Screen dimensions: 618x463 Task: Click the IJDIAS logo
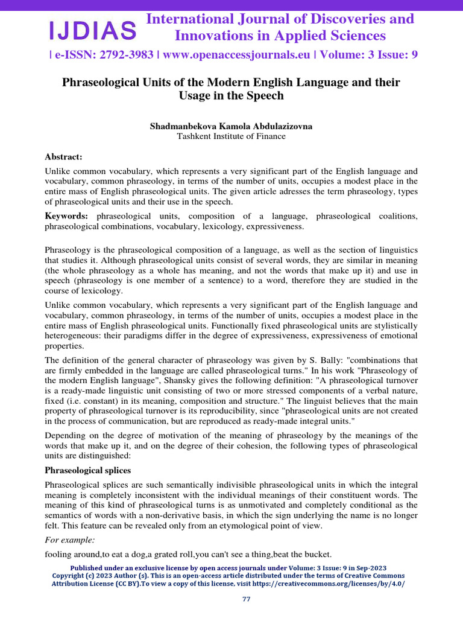coord(92,29)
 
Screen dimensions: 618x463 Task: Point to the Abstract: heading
coord(63,156)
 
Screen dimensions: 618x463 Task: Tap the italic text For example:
coord(69,540)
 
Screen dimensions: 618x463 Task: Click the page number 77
coord(245,599)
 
